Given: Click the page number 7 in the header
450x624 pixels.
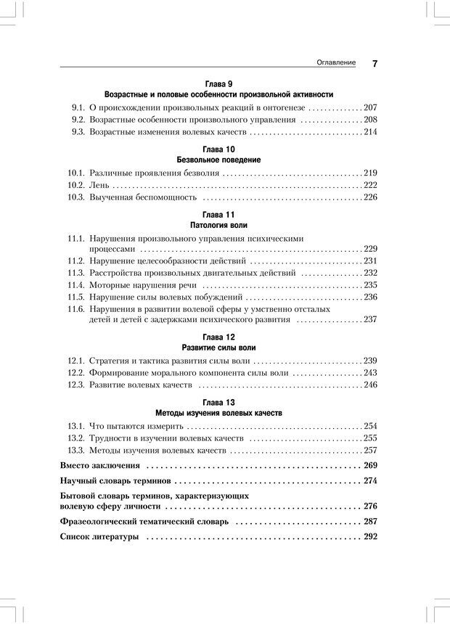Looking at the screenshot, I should [375, 64].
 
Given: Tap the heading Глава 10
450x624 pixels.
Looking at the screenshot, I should [218, 149].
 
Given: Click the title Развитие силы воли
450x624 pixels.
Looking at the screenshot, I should [218, 348].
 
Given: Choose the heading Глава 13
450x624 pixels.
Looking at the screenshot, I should [218, 401].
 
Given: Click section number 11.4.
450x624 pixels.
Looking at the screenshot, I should [76, 285].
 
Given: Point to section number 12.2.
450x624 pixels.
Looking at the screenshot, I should [76, 373].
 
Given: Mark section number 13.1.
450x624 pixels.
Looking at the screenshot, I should [76, 426].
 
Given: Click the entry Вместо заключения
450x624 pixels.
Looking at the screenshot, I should [100, 466].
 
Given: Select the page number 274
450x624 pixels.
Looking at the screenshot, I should [370, 481].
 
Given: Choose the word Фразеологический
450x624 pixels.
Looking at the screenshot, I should [109, 522].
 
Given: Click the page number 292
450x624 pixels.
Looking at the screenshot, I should [370, 537].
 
